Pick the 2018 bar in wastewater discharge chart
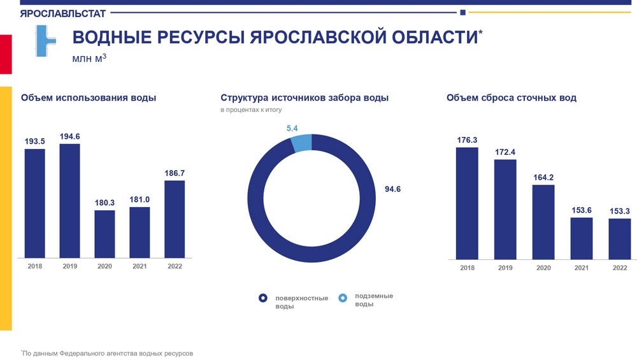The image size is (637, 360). (467, 203)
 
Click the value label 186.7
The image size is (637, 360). (175, 173)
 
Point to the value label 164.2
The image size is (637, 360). (543, 177)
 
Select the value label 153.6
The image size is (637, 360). (582, 210)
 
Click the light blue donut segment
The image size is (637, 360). (301, 143)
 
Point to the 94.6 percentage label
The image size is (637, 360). (393, 189)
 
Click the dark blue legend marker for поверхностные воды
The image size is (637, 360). (262, 298)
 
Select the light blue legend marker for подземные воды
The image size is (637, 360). (343, 297)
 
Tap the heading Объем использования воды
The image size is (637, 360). (89, 98)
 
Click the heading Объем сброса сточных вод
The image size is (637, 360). (512, 98)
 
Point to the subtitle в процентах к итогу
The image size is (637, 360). (251, 110)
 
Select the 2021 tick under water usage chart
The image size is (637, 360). (140, 266)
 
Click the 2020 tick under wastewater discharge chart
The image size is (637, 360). (543, 268)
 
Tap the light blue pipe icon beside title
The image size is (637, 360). (45, 41)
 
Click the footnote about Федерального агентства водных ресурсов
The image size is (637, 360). (107, 352)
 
